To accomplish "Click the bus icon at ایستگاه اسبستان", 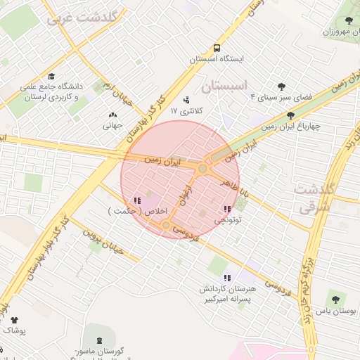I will [217, 49].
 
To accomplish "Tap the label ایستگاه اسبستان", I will [217, 60].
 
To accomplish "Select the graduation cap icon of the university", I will [51, 77].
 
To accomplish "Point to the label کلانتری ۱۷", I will [186, 111].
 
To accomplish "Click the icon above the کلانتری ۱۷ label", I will [186, 99].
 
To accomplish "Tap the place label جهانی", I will [112, 127].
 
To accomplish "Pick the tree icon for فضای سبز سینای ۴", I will [282, 86].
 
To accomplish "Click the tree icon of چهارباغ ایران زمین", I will [290, 115].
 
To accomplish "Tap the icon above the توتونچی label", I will [226, 209].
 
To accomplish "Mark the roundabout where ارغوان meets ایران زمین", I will [202, 168].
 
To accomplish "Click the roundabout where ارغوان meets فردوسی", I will [167, 225].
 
